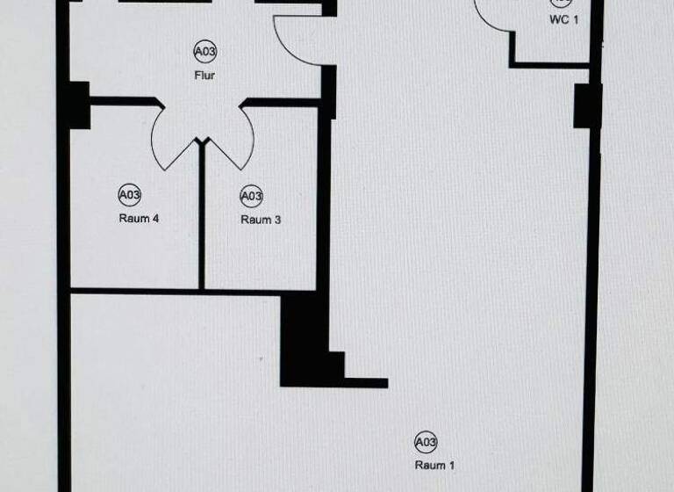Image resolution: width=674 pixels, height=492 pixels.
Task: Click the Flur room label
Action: (204, 76)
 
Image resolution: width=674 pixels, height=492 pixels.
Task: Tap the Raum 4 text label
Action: (138, 219)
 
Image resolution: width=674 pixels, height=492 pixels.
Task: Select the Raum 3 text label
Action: (261, 220)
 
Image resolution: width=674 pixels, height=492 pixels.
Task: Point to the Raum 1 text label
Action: (434, 466)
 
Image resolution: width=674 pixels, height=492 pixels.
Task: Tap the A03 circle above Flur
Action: (204, 53)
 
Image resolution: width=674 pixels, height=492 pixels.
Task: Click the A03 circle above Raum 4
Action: (130, 194)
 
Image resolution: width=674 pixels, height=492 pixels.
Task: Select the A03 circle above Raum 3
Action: (252, 195)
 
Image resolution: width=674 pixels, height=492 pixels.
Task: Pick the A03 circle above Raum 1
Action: (426, 441)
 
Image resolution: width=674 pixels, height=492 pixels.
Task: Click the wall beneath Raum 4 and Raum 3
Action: (176, 290)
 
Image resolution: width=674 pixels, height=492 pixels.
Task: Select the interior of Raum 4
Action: (132, 250)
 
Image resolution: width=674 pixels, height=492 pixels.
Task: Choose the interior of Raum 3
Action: (263, 255)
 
